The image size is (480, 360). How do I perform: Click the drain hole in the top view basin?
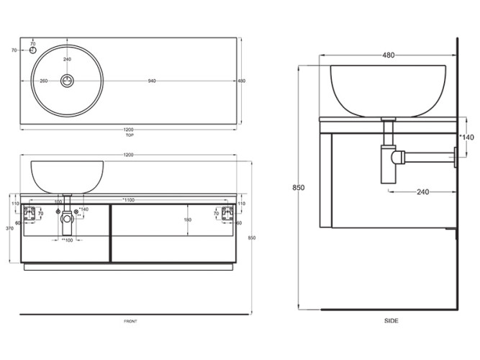pyautogui.click(x=67, y=80)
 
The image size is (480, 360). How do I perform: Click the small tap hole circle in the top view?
pyautogui.click(x=32, y=51)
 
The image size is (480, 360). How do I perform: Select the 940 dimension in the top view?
pyautogui.click(x=151, y=81)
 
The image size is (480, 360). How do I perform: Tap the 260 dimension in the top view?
pyautogui.click(x=44, y=81)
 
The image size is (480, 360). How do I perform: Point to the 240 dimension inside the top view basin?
pyautogui.click(x=67, y=59)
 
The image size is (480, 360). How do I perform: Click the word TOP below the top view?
pyautogui.click(x=129, y=135)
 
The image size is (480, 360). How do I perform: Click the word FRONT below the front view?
pyautogui.click(x=130, y=320)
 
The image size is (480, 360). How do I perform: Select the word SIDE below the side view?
pyautogui.click(x=391, y=320)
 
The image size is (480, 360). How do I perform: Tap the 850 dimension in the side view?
pyautogui.click(x=299, y=188)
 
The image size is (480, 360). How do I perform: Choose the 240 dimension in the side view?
pyautogui.click(x=422, y=192)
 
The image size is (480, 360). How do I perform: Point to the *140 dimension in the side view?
pyautogui.click(x=467, y=136)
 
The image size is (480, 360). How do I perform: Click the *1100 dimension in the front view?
pyautogui.click(x=129, y=200)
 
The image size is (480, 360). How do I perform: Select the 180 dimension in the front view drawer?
pyautogui.click(x=188, y=220)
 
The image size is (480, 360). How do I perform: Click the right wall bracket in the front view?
pyautogui.click(x=227, y=212)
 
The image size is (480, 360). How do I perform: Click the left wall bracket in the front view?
pyautogui.click(x=30, y=212)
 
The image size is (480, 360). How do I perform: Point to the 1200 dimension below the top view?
pyautogui.click(x=129, y=130)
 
